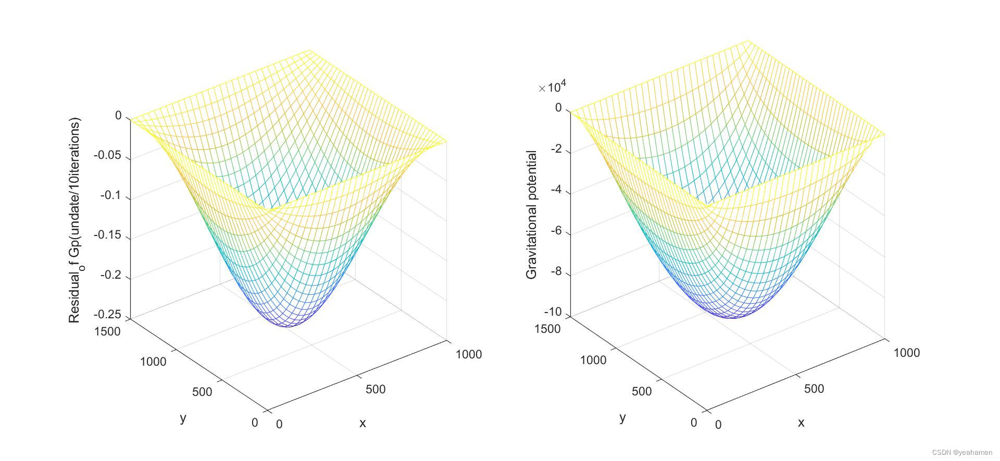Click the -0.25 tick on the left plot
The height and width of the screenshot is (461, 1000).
coord(107,315)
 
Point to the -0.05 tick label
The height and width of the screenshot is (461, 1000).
coord(107,155)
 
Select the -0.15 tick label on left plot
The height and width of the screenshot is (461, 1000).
coord(107,235)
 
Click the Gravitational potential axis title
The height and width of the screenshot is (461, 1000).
coord(531,215)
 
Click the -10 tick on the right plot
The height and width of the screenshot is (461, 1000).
coord(553,312)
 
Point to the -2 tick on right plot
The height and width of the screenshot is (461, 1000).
coord(555,149)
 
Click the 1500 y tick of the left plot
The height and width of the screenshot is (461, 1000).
coord(107,331)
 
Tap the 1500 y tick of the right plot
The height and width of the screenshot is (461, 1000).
coord(547,329)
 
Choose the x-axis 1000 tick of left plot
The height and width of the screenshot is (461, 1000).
coord(468,354)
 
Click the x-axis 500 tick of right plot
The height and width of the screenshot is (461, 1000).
coord(814,389)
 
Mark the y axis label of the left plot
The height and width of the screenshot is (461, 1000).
coord(183,418)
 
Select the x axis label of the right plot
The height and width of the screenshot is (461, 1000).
coord(801,422)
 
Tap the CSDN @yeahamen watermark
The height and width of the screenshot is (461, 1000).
coord(962,452)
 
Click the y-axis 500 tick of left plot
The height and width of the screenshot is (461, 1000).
coord(202,392)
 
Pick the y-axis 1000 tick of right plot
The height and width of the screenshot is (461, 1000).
coord(593,360)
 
